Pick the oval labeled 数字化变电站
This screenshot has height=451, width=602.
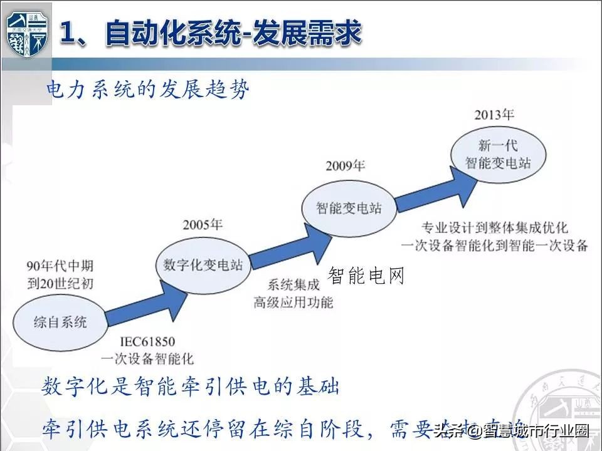(203, 264)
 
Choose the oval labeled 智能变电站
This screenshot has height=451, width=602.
(350, 206)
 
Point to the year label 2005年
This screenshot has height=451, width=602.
(203, 225)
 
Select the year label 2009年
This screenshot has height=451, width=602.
(345, 166)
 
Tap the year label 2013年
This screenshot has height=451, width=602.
(494, 115)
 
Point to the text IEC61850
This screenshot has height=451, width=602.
(147, 342)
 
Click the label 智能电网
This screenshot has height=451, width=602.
(367, 276)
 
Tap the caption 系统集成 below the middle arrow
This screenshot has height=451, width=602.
(293, 286)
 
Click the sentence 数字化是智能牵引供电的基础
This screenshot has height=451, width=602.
(191, 386)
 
